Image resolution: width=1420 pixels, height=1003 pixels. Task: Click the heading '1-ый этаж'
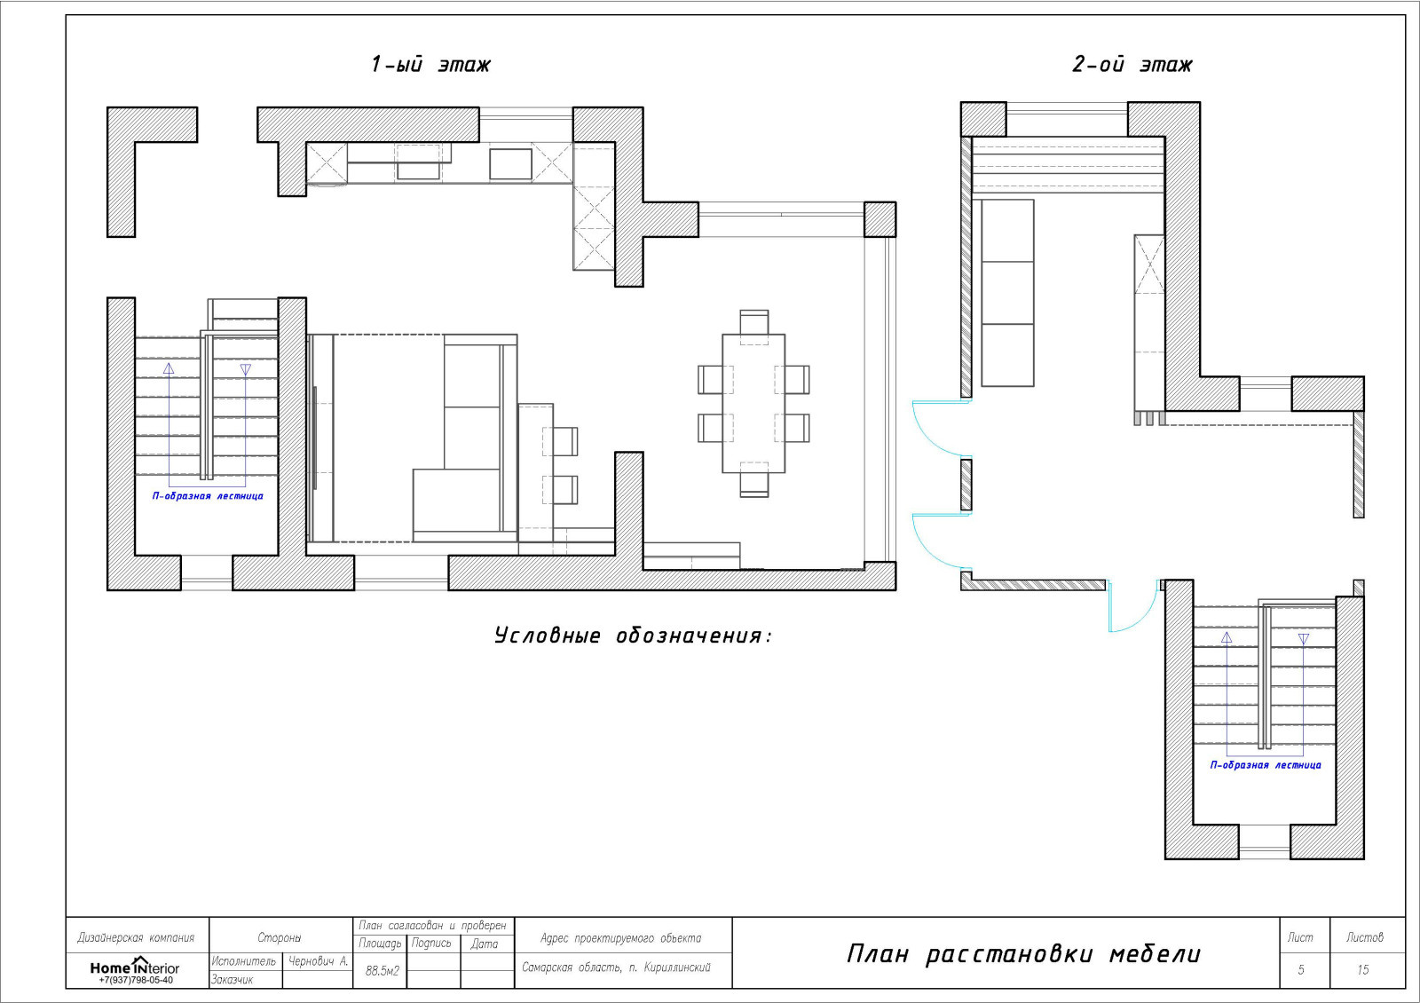430,65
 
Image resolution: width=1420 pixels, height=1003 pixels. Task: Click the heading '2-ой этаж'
1132,65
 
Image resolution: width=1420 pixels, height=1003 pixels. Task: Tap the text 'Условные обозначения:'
634,636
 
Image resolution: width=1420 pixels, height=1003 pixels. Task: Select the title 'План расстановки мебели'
1023,954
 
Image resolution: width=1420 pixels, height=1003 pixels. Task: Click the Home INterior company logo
134,967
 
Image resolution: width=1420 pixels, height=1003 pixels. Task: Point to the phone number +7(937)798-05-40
136,980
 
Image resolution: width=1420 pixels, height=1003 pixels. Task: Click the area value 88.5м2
383,971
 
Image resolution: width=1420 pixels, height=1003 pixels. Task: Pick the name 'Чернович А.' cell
319,961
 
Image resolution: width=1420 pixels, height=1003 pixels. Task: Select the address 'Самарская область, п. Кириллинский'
616,967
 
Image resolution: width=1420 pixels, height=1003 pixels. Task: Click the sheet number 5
1301,970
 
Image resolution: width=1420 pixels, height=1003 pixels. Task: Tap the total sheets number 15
1362,970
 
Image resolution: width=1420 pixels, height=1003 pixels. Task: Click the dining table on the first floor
753,403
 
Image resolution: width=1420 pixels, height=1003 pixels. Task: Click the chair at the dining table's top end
753,323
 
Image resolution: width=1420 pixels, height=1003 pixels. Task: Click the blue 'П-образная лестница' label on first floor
208,496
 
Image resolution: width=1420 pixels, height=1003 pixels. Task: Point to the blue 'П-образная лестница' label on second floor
1266,764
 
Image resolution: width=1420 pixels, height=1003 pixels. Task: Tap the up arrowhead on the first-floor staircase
169,368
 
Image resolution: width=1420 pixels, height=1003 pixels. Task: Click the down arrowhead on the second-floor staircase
1304,639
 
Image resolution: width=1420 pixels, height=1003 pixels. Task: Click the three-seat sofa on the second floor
1007,293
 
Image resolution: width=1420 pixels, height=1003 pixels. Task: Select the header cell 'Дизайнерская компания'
136,937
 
